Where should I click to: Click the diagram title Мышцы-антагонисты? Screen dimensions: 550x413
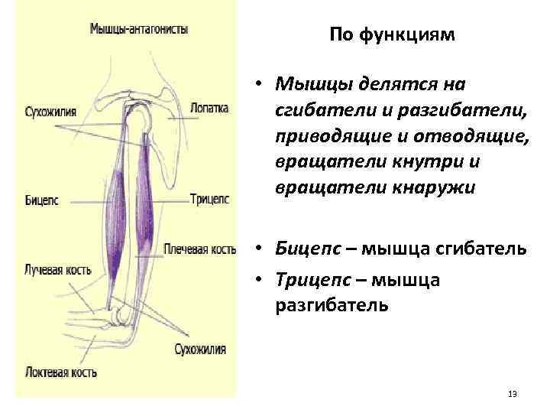139,30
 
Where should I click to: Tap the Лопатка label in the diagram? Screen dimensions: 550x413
209,109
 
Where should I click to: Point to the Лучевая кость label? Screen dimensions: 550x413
58,270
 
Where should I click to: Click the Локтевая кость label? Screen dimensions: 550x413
60,372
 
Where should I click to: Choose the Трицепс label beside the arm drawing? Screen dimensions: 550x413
209,200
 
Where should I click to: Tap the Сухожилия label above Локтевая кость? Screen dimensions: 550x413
200,350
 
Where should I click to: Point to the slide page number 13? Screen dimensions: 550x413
512,395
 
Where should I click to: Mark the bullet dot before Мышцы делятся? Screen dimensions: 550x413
260,83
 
